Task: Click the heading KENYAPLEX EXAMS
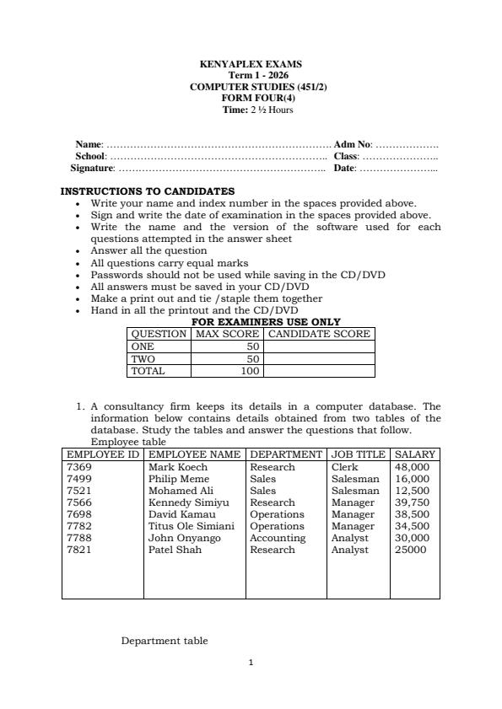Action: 251,64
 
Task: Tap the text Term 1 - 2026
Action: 251,75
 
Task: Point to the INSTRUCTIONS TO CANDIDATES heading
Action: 147,191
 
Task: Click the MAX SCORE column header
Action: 227,334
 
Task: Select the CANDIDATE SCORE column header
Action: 319,334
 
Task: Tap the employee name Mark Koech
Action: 177,467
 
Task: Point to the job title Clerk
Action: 344,467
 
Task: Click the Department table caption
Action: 165,641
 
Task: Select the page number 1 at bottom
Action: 251,663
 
